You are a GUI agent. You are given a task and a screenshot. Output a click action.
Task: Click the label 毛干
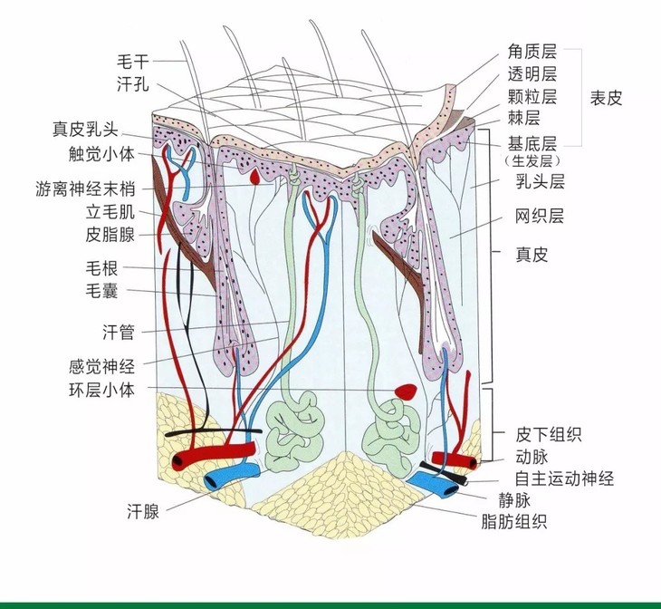coord(134,62)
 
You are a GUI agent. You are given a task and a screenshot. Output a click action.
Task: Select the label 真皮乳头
coord(93,130)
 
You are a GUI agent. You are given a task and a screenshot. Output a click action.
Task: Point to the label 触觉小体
coord(101,152)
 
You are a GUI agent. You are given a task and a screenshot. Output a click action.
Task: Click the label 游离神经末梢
coord(85,190)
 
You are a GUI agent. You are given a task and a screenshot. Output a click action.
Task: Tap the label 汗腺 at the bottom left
coord(143,512)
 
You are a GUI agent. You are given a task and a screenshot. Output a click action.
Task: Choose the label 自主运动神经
coord(564,478)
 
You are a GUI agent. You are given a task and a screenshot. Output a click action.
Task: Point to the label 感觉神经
coord(101,367)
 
